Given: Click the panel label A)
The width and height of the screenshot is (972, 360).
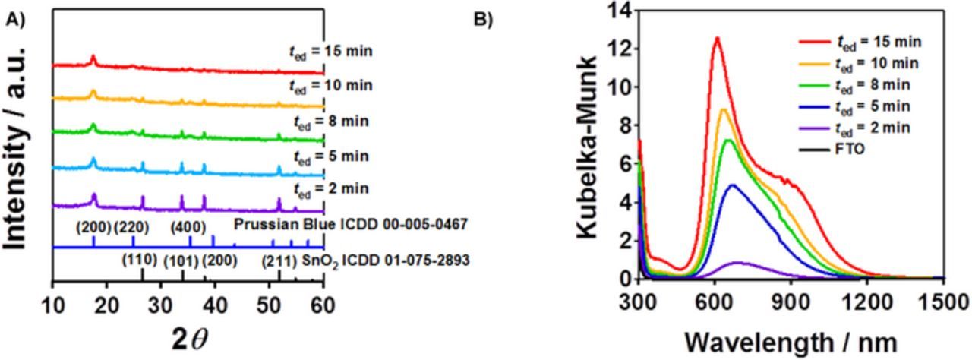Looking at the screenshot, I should (x=16, y=21).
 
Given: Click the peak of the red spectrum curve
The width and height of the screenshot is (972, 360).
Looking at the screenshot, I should (x=715, y=38).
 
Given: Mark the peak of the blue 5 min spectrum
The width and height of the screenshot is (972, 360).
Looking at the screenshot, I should (x=732, y=185).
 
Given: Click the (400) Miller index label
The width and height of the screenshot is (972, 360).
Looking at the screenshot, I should (x=188, y=226).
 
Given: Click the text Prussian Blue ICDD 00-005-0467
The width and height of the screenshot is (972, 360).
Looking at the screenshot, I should (x=350, y=225).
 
